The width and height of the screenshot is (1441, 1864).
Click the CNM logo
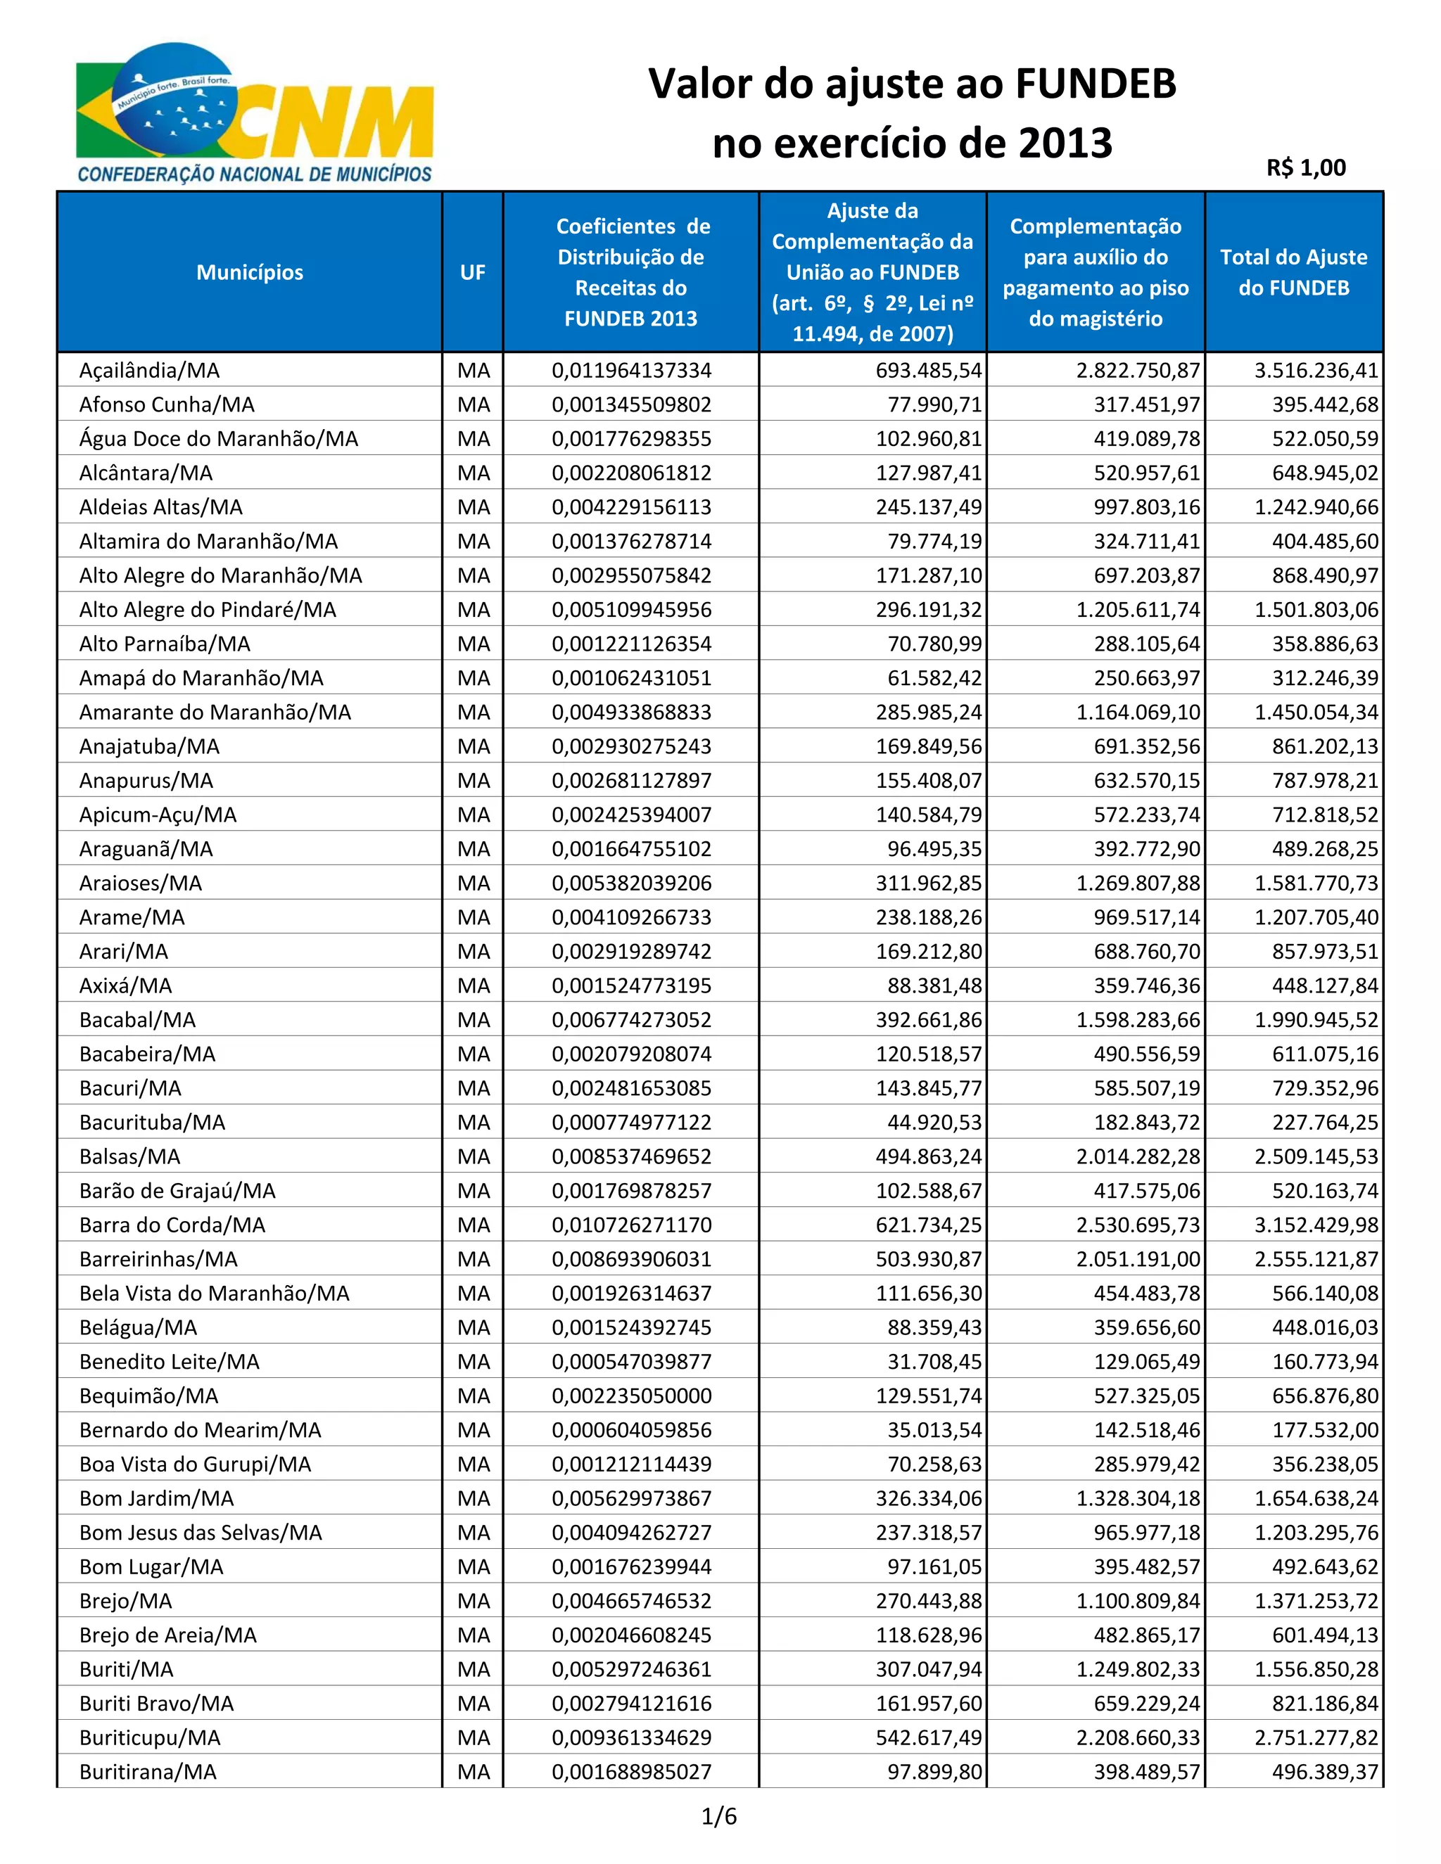click(x=255, y=113)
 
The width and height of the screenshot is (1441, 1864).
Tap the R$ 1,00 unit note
click(x=1305, y=168)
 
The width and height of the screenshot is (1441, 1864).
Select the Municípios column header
click(x=249, y=272)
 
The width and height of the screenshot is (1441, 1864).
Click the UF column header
click(x=472, y=272)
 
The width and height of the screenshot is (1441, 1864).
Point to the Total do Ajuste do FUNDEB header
click(x=1293, y=272)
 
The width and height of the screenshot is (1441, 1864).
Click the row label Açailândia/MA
click(x=149, y=371)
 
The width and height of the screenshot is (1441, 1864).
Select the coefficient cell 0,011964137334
click(x=631, y=371)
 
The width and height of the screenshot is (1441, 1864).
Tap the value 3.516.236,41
click(x=1316, y=371)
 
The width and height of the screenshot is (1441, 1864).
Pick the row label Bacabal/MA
click(x=137, y=1020)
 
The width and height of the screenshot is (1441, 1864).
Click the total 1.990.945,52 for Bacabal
click(x=1316, y=1020)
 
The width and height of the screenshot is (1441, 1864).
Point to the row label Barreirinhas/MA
click(x=159, y=1259)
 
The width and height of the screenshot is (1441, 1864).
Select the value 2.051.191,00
click(x=1138, y=1259)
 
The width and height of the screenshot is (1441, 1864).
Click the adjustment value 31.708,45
click(x=934, y=1361)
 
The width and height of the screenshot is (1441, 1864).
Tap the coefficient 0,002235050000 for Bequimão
click(x=631, y=1396)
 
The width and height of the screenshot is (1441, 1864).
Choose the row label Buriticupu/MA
click(x=151, y=1737)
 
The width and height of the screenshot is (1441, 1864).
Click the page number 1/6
click(x=719, y=1816)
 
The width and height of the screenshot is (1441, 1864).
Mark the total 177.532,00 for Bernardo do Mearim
click(x=1325, y=1429)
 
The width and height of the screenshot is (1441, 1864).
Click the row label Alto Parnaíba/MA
click(x=165, y=644)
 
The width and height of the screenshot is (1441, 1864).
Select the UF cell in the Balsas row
click(x=473, y=1156)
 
